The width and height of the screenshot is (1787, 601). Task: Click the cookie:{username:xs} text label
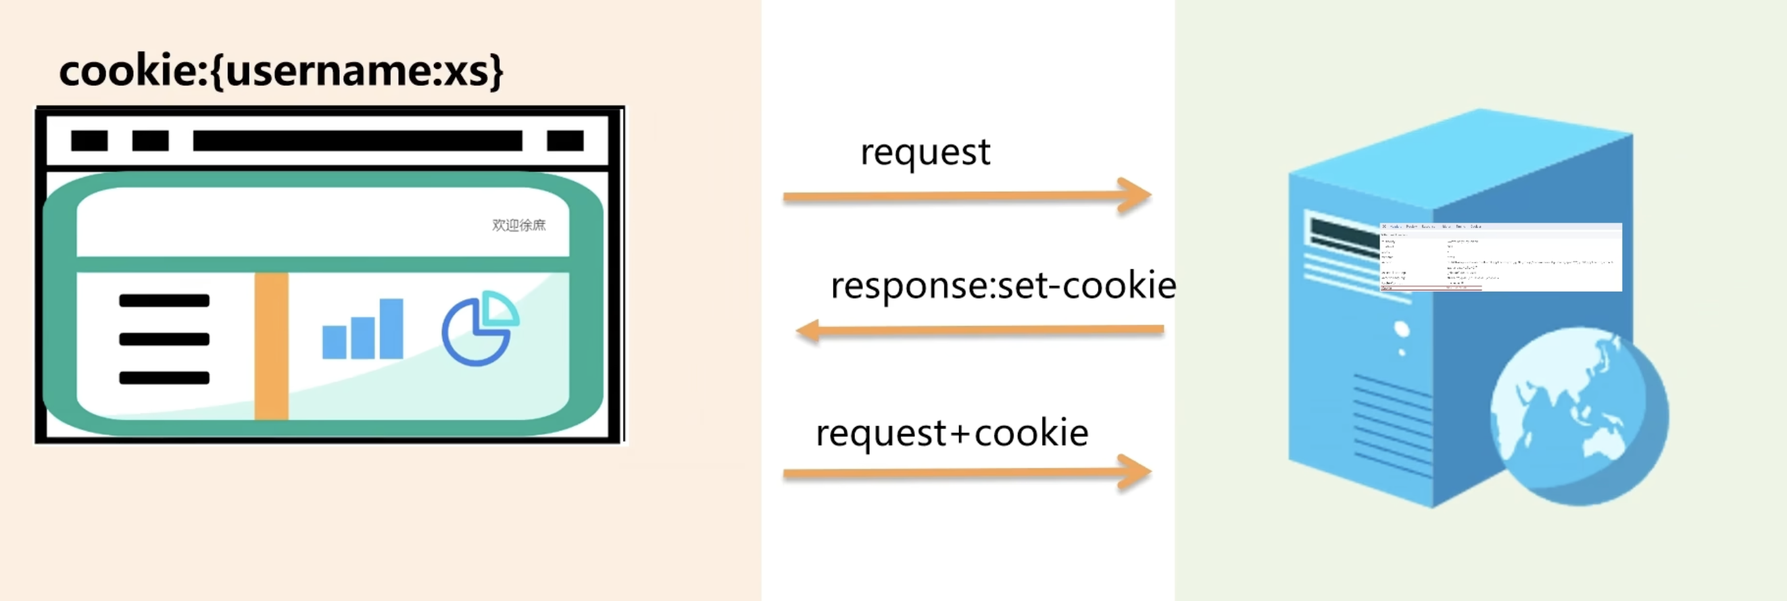(281, 71)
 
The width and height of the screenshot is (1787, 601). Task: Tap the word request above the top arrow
(925, 153)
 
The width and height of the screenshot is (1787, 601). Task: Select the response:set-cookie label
(1002, 286)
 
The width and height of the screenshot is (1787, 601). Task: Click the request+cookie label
(952, 434)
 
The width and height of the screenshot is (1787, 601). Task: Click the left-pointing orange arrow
(979, 330)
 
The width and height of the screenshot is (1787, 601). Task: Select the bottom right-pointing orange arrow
(967, 473)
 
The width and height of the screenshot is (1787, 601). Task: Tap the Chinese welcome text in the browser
(519, 226)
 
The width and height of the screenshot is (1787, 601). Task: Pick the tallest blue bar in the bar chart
(391, 329)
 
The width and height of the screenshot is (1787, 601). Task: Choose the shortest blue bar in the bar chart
(335, 342)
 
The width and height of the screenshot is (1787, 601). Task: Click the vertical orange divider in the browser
(271, 345)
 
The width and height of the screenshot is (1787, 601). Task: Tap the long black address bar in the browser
(358, 140)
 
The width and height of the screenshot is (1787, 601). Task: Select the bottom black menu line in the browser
(164, 377)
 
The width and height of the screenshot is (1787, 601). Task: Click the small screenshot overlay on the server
(1500, 257)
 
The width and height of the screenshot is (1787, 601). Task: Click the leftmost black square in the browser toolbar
(89, 140)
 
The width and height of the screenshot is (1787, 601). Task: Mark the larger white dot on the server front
(1401, 329)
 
